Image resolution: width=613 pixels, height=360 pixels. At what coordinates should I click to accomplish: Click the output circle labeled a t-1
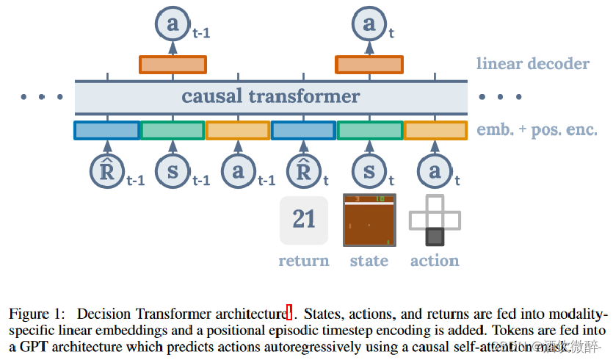coord(173,24)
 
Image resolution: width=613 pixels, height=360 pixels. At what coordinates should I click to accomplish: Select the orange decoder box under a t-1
coord(173,65)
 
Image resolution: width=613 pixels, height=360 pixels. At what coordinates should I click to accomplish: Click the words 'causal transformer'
coord(271,96)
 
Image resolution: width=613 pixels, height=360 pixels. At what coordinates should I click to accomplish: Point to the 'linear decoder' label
coord(532,64)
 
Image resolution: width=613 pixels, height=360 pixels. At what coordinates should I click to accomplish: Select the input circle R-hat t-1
coord(107,173)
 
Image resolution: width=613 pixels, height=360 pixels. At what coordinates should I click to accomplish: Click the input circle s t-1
coord(173,173)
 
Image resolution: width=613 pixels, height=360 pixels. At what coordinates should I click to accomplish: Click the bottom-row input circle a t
coord(435,173)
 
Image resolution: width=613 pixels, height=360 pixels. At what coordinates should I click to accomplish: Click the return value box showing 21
coord(304,219)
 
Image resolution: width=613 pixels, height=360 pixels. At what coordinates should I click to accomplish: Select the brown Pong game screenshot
coord(369,220)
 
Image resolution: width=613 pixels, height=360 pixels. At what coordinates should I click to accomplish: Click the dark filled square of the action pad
coord(435,237)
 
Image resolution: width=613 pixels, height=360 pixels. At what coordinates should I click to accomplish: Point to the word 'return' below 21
coord(304,261)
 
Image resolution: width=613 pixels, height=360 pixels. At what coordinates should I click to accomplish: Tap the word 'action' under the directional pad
coord(435,261)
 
